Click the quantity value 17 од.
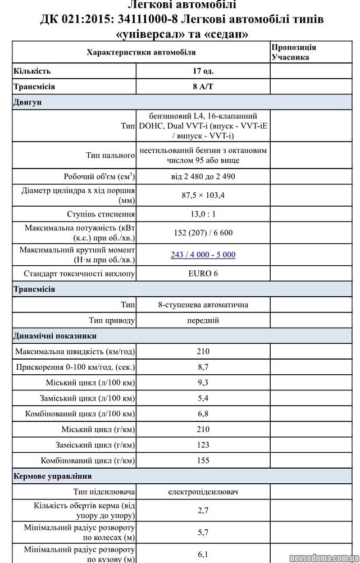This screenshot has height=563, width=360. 203,71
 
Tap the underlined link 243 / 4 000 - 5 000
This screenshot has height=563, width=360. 203,255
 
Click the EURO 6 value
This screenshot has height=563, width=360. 203,274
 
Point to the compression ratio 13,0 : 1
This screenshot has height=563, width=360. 203,214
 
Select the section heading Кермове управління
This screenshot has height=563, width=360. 52,476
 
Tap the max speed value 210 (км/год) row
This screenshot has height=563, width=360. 203,351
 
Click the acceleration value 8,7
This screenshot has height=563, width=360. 203,367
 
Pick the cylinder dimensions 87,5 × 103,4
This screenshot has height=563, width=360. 203,195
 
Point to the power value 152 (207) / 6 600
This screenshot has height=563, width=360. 203,233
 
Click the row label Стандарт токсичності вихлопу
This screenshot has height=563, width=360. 79,274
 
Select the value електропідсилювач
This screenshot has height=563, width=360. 203,492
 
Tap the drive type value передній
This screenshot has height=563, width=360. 203,320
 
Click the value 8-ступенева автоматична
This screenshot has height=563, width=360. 203,305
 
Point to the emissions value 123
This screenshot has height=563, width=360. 203,444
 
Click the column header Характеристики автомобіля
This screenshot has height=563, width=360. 141,52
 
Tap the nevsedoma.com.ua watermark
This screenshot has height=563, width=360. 323,557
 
